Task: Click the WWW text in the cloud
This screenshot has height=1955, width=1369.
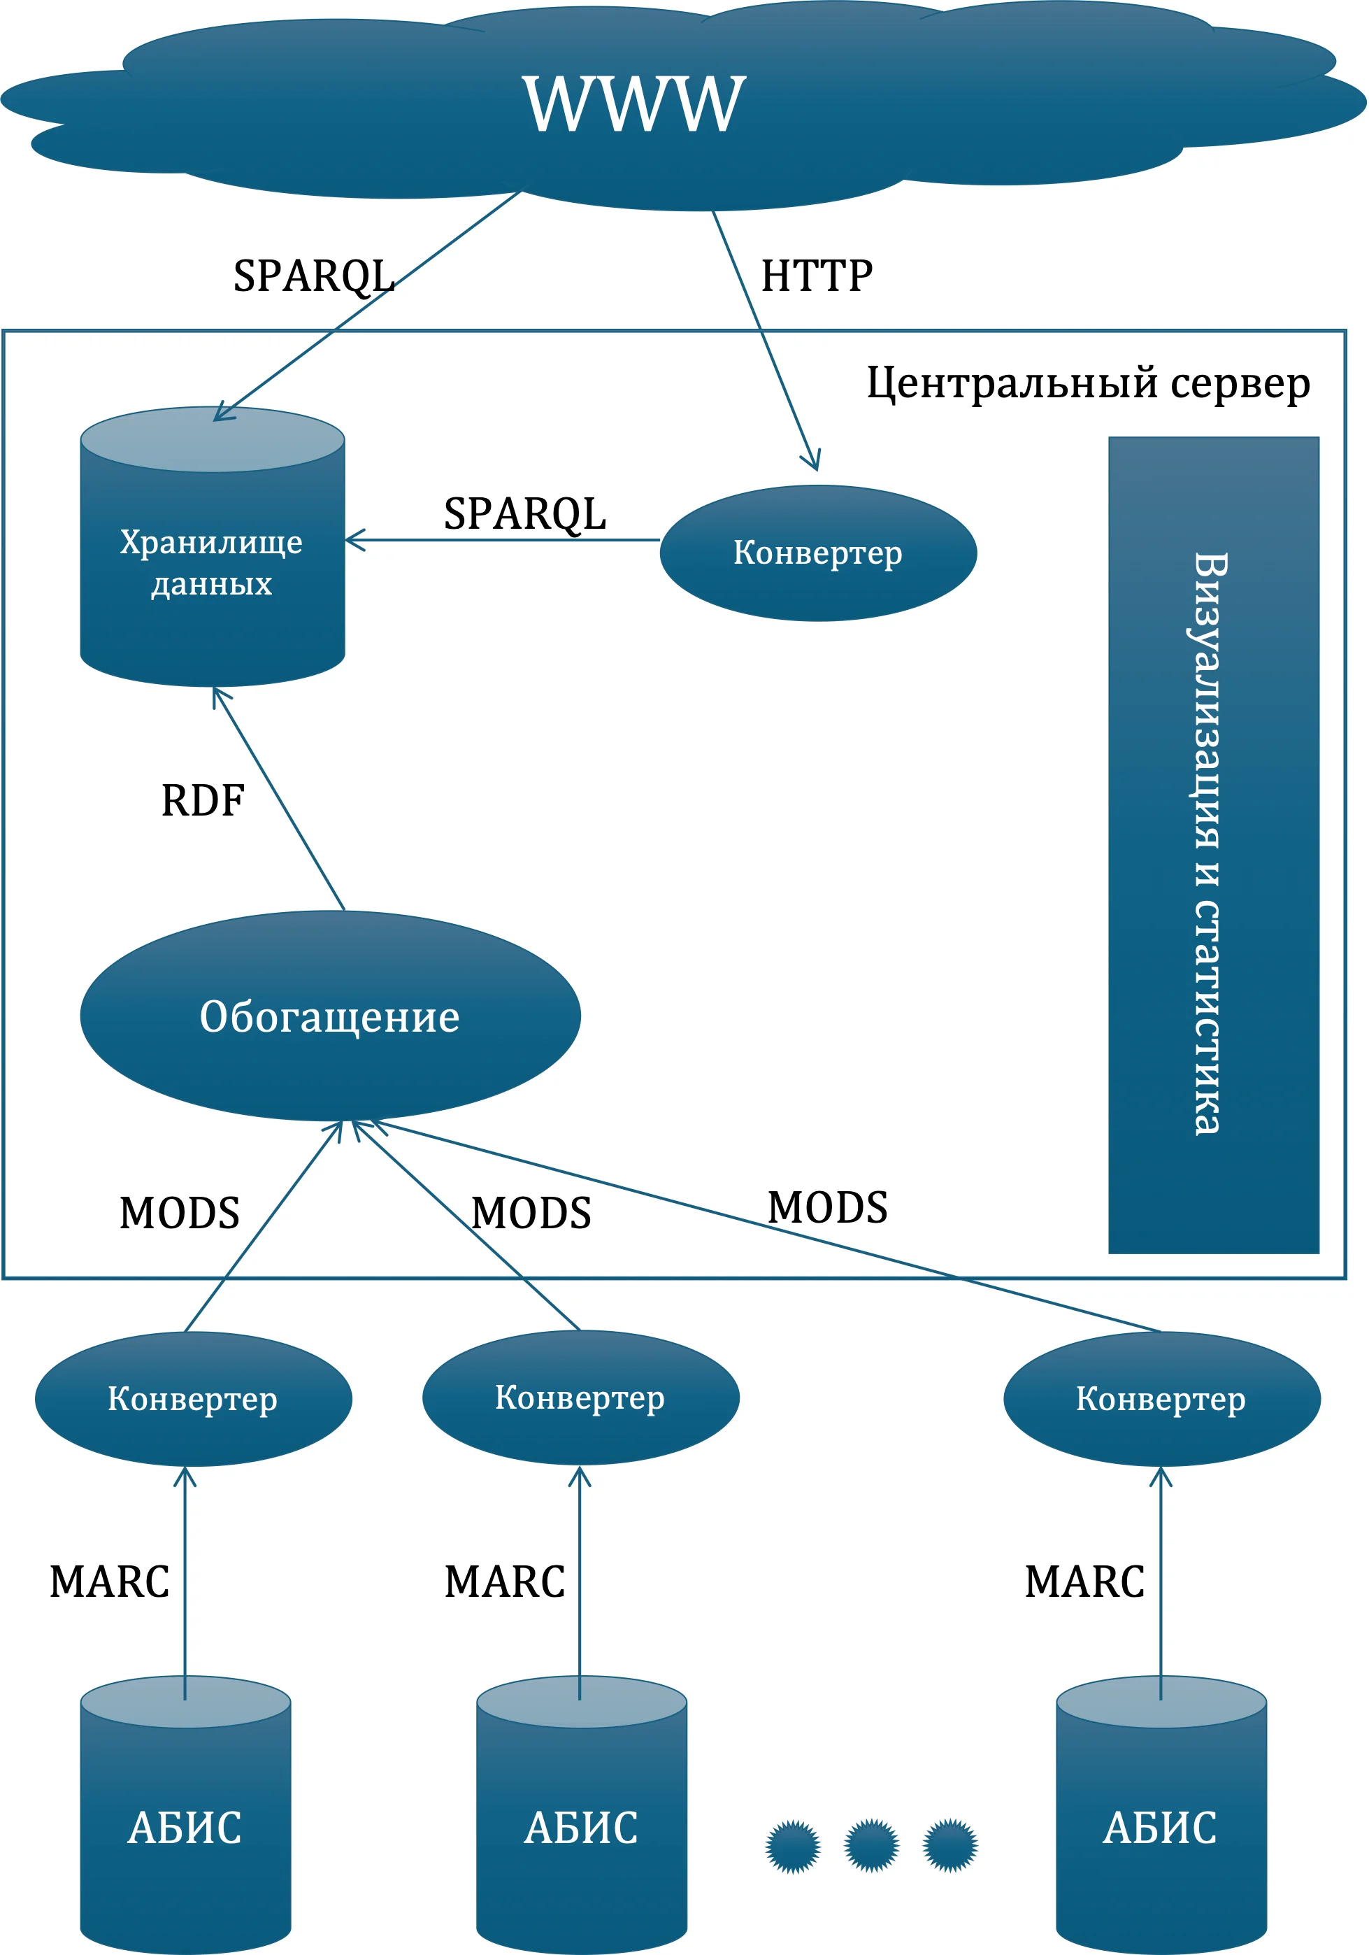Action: click(x=634, y=104)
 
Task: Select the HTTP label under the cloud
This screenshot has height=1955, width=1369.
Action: click(x=817, y=276)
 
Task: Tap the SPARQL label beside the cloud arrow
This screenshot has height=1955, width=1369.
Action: click(x=313, y=276)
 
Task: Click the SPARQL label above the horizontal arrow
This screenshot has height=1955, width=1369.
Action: click(x=524, y=513)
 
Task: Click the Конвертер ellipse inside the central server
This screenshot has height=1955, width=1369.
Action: click(x=817, y=553)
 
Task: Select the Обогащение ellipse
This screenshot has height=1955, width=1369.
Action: click(x=330, y=1016)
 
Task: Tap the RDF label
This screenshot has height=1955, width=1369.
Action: click(x=203, y=800)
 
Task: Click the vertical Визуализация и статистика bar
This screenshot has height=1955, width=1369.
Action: click(x=1213, y=845)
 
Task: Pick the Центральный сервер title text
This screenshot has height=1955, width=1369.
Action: click(x=1088, y=383)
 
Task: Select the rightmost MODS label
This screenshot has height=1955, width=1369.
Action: click(x=828, y=1207)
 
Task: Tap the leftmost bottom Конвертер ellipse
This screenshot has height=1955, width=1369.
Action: click(x=193, y=1399)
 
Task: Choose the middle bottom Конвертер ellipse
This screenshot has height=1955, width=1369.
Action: click(x=580, y=1398)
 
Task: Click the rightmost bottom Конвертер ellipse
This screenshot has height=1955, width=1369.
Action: click(x=1161, y=1399)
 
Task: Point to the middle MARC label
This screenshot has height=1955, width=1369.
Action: click(x=504, y=1581)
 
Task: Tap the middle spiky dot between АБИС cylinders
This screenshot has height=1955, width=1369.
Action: click(x=871, y=1845)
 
